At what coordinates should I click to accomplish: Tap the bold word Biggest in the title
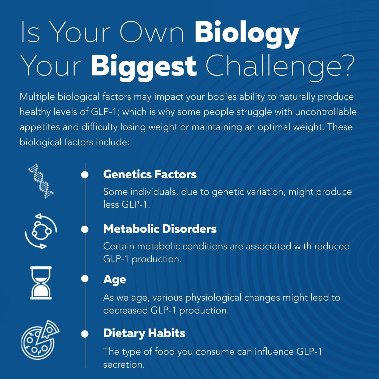pos(144,66)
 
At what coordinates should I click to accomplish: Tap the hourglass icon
pos(41,283)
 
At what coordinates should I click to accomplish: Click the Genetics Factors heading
pos(150,174)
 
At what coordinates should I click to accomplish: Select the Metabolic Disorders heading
pos(160,229)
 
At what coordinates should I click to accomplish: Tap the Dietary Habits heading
pos(144,333)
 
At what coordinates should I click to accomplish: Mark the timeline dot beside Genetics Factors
pos(85,175)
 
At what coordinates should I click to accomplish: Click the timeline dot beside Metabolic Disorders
pos(85,229)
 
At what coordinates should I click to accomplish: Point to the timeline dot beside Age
pos(85,278)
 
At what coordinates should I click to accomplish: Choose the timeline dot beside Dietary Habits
pos(85,334)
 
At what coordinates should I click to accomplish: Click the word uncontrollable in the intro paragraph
pos(326,112)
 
